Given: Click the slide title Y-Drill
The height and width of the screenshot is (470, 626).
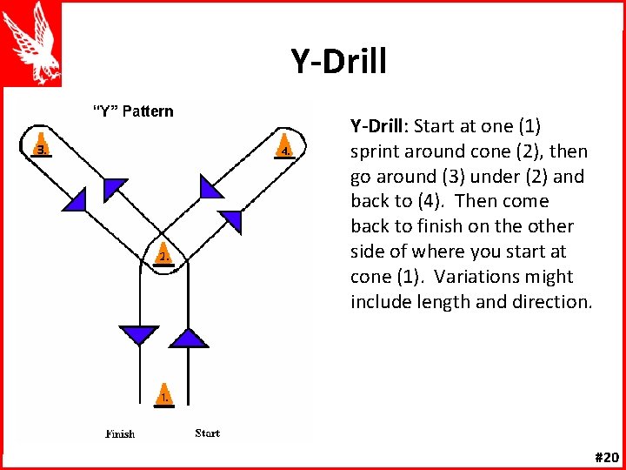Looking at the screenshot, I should [338, 61].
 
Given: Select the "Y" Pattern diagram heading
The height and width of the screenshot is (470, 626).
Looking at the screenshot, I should [133, 111].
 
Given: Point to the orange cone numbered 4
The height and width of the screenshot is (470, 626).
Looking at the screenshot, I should [285, 146].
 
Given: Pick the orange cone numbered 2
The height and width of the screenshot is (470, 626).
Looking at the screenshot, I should [163, 252].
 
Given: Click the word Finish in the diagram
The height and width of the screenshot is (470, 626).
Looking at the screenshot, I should [120, 433].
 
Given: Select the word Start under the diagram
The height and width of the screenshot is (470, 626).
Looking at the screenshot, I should [207, 433].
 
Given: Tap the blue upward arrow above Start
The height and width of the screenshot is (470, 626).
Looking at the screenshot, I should [189, 337].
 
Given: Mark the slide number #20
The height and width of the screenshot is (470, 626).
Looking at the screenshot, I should [606, 457].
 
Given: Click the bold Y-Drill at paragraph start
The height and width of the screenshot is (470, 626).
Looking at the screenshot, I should [379, 126].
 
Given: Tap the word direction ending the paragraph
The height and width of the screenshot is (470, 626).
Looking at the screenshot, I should [555, 302].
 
